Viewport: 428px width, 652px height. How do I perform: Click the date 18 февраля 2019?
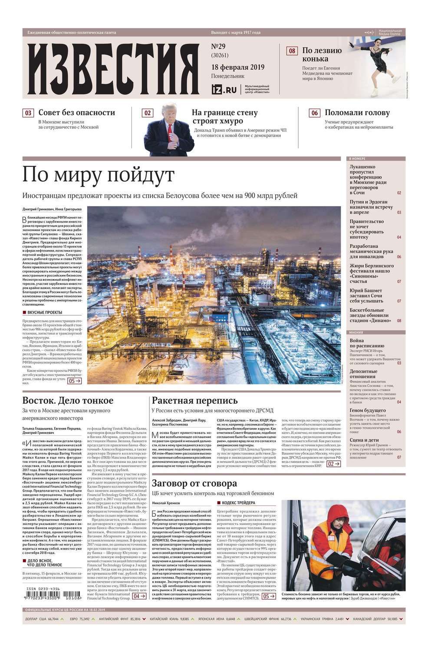pyautogui.click(x=237, y=67)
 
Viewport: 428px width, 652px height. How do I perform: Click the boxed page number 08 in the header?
pyautogui.click(x=292, y=51)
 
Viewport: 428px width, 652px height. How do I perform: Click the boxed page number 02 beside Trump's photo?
pyautogui.click(x=148, y=113)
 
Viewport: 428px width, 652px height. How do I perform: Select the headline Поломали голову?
pyautogui.click(x=357, y=113)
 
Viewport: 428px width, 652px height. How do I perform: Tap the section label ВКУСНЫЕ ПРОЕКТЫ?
pyautogui.click(x=45, y=312)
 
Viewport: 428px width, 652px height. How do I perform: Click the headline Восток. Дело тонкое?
pyautogui.click(x=68, y=400)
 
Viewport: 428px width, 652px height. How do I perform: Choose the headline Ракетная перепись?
pyautogui.click(x=194, y=400)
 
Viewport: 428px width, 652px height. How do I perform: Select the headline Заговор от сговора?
pyautogui.click(x=194, y=483)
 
